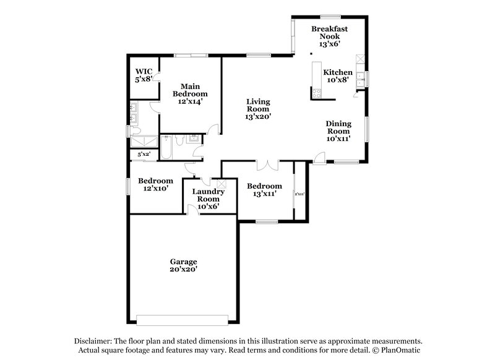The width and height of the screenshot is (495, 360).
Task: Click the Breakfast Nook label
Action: tap(329, 36)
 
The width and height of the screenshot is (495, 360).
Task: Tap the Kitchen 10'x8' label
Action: tap(338, 76)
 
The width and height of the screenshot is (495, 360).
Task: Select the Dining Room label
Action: tap(338, 131)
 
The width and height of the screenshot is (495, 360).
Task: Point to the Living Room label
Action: tap(258, 109)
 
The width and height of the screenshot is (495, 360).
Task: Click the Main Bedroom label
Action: tap(189, 93)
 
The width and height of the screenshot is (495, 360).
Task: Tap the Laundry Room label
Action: tap(208, 199)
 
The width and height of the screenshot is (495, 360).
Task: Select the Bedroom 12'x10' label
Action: tap(155, 184)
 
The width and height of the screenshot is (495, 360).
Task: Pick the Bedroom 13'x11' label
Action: tap(264, 190)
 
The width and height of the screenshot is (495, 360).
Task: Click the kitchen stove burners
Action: tap(317, 94)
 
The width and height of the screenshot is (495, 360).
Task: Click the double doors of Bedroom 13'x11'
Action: tap(267, 164)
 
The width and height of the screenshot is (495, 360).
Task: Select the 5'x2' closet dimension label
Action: tap(144, 153)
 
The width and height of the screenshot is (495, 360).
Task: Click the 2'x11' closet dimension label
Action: tap(300, 194)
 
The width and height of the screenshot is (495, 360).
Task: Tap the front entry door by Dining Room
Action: tap(317, 158)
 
